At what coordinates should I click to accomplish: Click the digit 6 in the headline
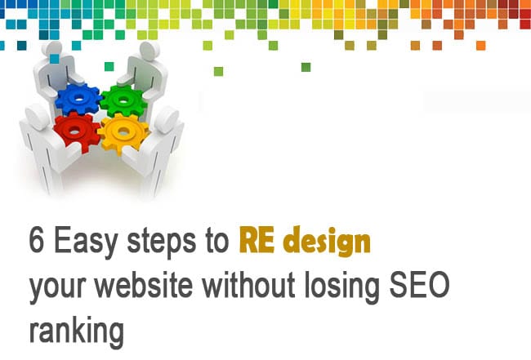point(37,240)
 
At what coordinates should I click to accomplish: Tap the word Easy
point(86,242)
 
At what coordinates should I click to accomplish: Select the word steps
point(161,242)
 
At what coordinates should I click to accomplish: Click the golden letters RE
point(257,240)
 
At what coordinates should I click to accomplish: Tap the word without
point(249,284)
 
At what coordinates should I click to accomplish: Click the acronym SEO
point(419,285)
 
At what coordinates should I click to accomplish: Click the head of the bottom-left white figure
point(37,117)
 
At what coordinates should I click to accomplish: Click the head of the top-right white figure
point(149,51)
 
